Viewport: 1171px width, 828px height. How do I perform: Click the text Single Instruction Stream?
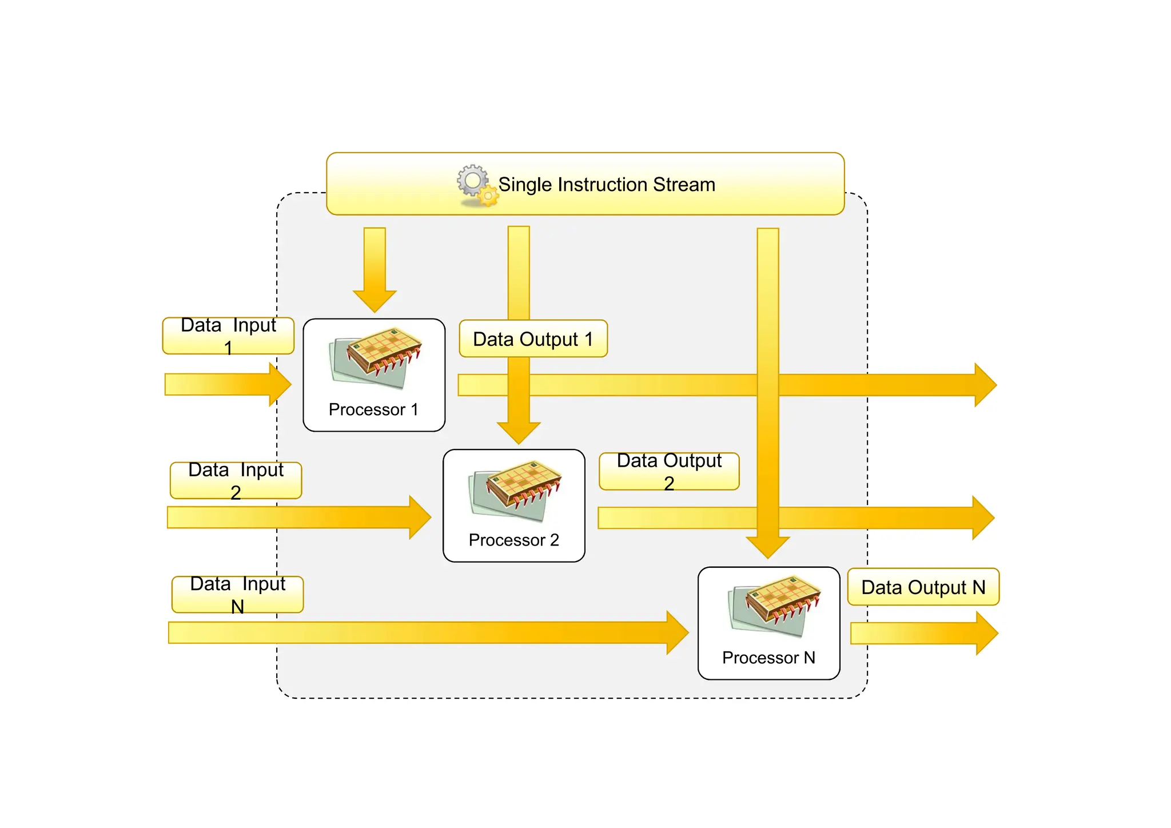click(607, 185)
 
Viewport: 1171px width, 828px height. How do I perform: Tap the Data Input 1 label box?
click(228, 336)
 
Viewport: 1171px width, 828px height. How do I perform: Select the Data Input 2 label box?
click(236, 480)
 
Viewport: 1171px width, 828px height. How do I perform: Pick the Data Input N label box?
click(237, 595)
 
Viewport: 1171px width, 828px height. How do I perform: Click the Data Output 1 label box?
click(533, 339)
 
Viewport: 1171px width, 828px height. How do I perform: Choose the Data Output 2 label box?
click(669, 472)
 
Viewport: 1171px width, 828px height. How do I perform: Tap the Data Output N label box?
click(923, 587)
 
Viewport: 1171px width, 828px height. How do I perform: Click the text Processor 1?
click(373, 409)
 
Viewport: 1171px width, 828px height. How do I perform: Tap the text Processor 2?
click(513, 540)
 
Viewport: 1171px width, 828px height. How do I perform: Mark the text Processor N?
click(768, 658)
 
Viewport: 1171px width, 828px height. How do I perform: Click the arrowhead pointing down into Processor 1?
click(375, 300)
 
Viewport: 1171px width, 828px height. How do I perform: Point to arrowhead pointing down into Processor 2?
click(519, 432)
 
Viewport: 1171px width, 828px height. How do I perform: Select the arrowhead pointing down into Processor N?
click(768, 547)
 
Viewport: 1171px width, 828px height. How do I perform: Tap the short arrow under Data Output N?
click(923, 634)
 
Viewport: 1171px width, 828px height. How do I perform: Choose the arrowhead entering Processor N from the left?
click(677, 632)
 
